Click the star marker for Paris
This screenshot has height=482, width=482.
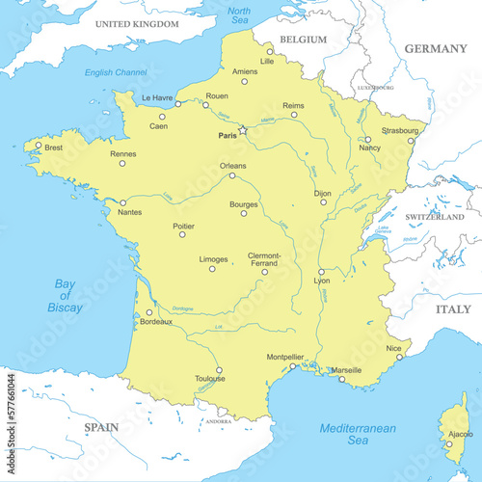pyautogui.click(x=243, y=130)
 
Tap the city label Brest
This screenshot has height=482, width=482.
pyautogui.click(x=54, y=148)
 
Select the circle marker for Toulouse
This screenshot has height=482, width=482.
pyautogui.click(x=219, y=369)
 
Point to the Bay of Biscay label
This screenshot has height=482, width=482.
pyautogui.click(x=65, y=295)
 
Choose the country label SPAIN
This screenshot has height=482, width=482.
pyautogui.click(x=100, y=426)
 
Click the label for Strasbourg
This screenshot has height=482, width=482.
pyautogui.click(x=400, y=128)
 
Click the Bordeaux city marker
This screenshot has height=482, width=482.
pyautogui.click(x=148, y=312)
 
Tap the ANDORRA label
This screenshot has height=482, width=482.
pyautogui.click(x=219, y=421)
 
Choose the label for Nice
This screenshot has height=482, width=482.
pyautogui.click(x=393, y=347)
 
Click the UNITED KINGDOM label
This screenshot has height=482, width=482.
pyautogui.click(x=137, y=22)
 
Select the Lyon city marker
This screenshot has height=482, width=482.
pyautogui.click(x=321, y=272)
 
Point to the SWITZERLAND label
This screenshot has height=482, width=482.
pyautogui.click(x=434, y=217)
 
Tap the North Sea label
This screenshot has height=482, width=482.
pyautogui.click(x=238, y=15)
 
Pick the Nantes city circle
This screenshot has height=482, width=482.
pyautogui.click(x=122, y=202)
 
